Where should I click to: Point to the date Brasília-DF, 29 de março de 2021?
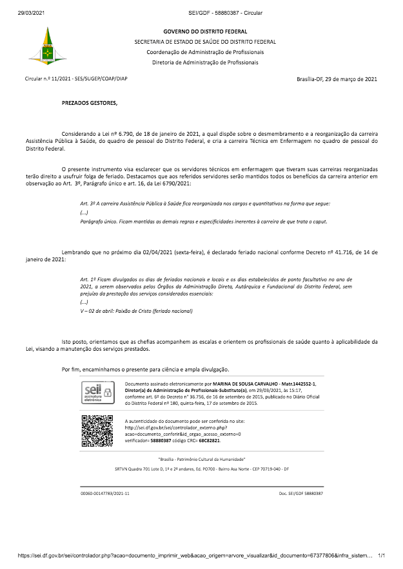coord(337,79)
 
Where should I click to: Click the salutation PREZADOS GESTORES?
coord(90,102)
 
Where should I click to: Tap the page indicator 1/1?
coord(381,555)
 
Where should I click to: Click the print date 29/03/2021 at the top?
coord(30,12)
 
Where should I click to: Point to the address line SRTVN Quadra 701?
coord(201,470)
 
